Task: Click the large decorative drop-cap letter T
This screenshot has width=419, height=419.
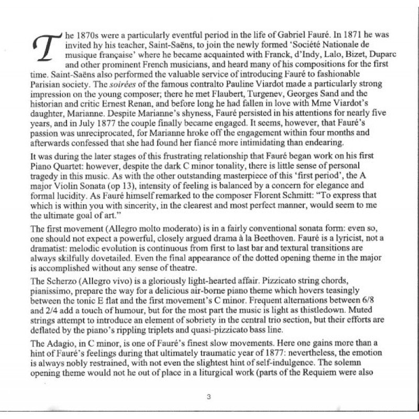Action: [46, 54]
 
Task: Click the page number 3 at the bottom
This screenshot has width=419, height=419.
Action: [208, 397]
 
